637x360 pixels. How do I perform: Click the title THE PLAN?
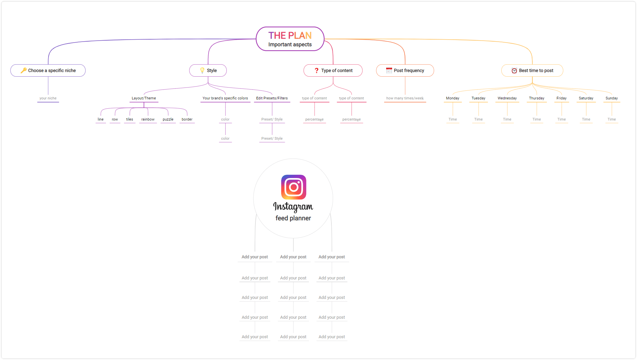pyautogui.click(x=290, y=35)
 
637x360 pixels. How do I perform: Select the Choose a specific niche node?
pyautogui.click(x=48, y=70)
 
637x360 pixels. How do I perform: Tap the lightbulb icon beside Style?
pyautogui.click(x=202, y=70)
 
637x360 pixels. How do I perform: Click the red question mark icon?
pyautogui.click(x=317, y=70)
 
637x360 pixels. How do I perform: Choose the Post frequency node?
pyautogui.click(x=405, y=70)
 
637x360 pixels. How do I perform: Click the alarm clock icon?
pyautogui.click(x=514, y=70)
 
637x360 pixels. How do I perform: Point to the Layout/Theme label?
pyautogui.click(x=144, y=98)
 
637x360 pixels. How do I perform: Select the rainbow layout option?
pyautogui.click(x=148, y=119)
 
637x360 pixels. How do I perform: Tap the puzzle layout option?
pyautogui.click(x=168, y=119)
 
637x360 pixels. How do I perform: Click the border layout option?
pyautogui.click(x=187, y=119)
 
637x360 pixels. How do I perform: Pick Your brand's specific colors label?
pyautogui.click(x=225, y=98)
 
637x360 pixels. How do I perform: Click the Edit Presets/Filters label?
pyautogui.click(x=272, y=98)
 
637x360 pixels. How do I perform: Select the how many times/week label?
pyautogui.click(x=405, y=98)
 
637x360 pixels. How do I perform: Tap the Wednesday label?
pyautogui.click(x=507, y=98)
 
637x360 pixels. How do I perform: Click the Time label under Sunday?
pyautogui.click(x=612, y=119)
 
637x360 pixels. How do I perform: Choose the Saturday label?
pyautogui.click(x=586, y=98)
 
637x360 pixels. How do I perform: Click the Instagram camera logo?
pyautogui.click(x=294, y=187)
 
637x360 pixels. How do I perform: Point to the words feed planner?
pyautogui.click(x=293, y=218)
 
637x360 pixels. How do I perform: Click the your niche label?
pyautogui.click(x=48, y=98)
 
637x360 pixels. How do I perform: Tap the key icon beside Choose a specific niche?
pyautogui.click(x=24, y=70)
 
